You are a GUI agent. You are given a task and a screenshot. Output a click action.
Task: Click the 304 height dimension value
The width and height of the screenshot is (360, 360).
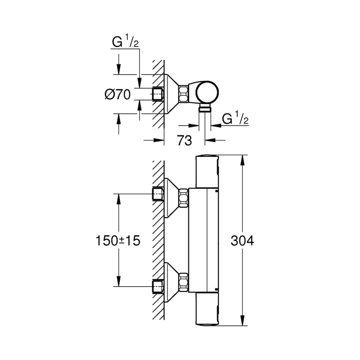click(x=241, y=241)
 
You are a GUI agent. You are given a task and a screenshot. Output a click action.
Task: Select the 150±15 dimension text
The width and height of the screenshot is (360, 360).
click(x=117, y=241)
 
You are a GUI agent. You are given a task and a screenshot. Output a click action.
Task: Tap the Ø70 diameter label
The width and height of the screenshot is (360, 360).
click(x=117, y=95)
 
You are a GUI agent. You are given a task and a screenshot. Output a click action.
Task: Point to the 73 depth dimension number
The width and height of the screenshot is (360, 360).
click(x=184, y=141)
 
